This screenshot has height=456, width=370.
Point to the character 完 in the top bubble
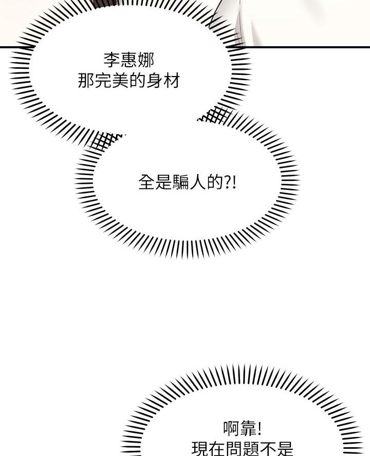pos(102,81)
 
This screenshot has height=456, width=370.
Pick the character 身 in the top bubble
pos(154,81)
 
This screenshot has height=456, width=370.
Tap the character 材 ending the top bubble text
pos(172,81)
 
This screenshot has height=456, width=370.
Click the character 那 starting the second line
pos(85,81)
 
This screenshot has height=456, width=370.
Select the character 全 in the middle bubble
pos(146,182)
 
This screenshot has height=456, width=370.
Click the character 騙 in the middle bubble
pos(181,182)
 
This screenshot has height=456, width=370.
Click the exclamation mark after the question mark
pos(235,182)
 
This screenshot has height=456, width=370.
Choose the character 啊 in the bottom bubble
pos(232,429)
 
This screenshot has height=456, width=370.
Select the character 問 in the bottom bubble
pos(234,449)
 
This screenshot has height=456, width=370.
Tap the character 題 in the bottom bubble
pos(251,449)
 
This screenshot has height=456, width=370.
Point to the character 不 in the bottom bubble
pos(268,449)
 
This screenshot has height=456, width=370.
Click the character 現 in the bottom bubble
pos(200,449)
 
